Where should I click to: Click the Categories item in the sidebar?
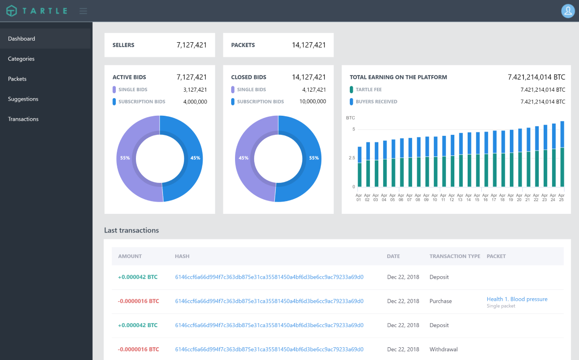pos(21,59)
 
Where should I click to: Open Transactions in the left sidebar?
pos(23,119)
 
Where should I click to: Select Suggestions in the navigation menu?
pos(23,99)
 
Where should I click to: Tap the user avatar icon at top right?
pos(568,11)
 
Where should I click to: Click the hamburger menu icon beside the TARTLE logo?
pos(83,11)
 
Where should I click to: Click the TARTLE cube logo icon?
pos(11,11)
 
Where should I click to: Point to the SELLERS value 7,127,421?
pos(191,45)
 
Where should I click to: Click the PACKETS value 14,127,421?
pos(309,45)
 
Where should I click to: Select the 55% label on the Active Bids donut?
pos(125,158)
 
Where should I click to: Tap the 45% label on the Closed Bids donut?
pos(243,158)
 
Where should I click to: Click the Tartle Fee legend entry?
pos(368,90)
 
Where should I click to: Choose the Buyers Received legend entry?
pos(376,102)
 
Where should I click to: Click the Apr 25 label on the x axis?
pos(562,197)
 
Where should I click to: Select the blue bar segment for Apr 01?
pos(360,154)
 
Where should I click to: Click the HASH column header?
pos(182,257)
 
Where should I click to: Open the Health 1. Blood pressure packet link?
pos(517,299)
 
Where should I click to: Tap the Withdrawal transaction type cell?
pos(444,349)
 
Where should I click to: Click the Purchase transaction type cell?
pos(441,301)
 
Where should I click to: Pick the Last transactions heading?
pos(132,231)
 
